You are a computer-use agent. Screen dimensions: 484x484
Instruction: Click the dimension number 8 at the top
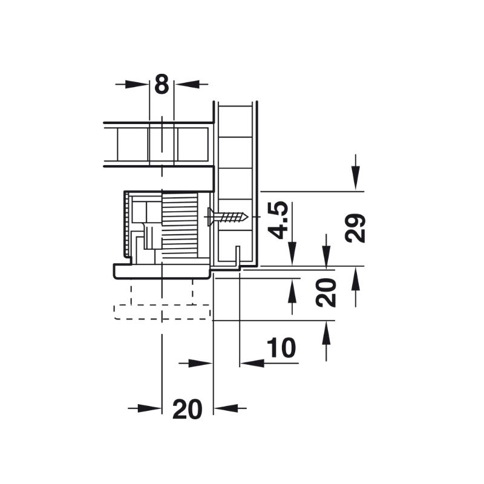(162, 83)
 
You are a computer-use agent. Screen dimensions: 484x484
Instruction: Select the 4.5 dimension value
(278, 220)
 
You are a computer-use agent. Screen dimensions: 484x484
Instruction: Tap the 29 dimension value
(355, 228)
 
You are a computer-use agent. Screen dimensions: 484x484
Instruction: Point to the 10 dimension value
(281, 347)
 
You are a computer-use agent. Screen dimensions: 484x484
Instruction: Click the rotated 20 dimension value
(326, 292)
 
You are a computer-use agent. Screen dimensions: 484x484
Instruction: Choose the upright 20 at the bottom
(188, 410)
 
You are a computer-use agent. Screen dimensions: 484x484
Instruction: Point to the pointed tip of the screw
(248, 217)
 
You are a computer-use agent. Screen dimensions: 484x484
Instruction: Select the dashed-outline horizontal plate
(162, 312)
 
